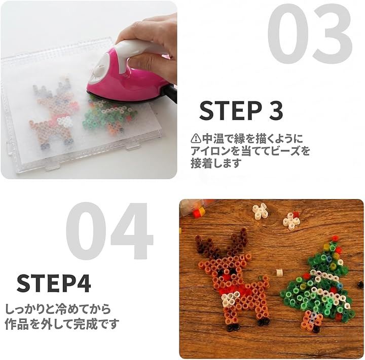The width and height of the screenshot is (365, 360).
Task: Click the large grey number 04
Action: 109,231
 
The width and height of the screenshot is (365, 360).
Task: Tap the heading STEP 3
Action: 241,111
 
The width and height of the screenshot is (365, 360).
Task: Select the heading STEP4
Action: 54,284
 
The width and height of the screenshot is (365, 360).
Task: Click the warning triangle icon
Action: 196,139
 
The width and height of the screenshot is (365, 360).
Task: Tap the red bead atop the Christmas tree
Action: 335,238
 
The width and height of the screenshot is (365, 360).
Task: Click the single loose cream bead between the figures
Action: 279,272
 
